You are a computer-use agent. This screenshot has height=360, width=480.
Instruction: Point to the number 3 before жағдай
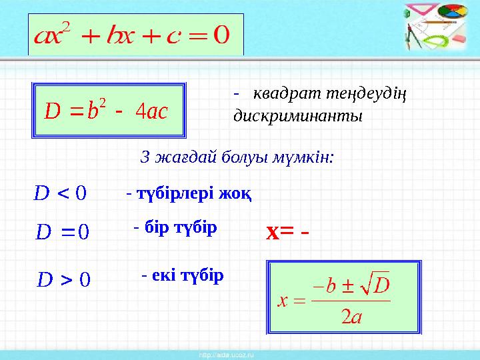pos(145,158)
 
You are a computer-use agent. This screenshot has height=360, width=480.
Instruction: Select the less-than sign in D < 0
pos(63,195)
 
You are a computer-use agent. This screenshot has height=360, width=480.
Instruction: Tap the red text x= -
pos(288,233)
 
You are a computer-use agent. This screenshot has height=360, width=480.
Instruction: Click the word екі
pos(162,275)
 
